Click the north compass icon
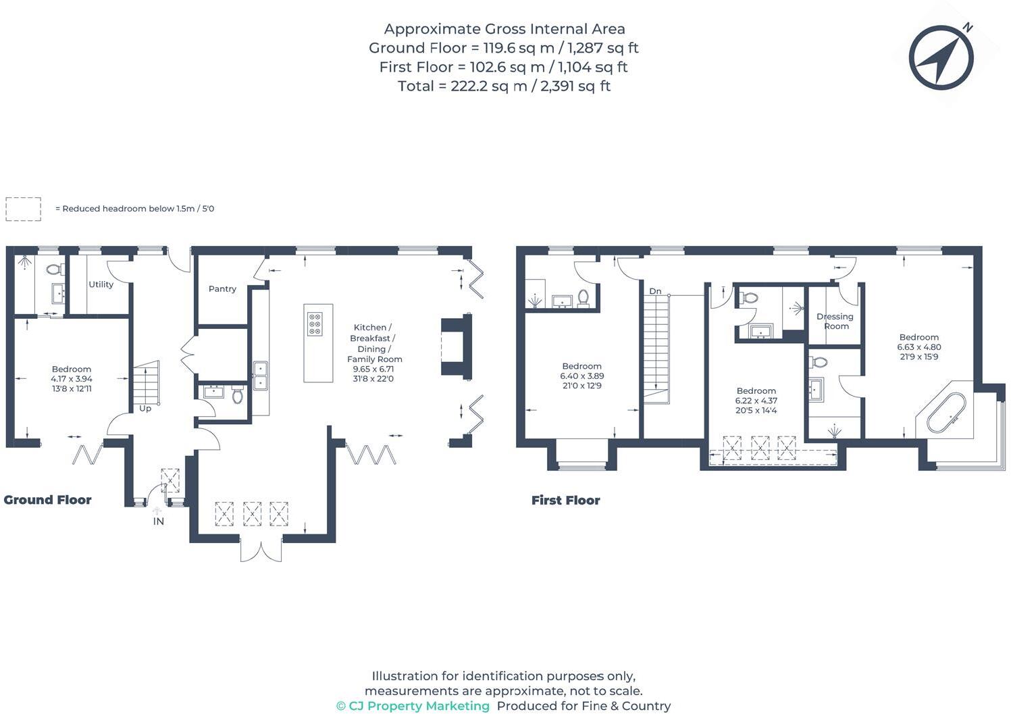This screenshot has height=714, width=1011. coord(941,57)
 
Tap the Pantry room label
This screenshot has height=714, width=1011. coord(222,288)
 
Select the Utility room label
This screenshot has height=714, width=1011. coord(101,284)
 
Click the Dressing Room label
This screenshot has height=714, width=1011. coord(835,321)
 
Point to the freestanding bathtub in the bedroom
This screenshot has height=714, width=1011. coord(945,412)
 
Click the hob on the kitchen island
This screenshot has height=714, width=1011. coord(315,324)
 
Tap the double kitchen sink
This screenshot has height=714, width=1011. coord(260,376)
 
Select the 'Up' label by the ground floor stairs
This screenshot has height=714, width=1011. coord(145,409)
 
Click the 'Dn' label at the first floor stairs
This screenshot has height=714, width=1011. coord(655,291)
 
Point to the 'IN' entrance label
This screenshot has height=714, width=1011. coord(158,521)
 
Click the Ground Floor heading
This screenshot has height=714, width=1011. coord(47,500)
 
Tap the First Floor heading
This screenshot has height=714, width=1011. coord(565,501)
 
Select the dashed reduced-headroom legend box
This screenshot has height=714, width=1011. coord(23,209)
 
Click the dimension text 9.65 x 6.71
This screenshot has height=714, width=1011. coord(373,369)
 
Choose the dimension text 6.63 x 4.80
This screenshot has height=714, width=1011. coord(918,347)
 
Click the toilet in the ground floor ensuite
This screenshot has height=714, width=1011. coord(54,270)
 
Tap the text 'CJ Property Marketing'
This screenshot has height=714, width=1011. coord(419,706)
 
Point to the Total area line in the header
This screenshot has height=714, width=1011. coord(504,86)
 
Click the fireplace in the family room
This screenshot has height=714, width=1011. coord(454,346)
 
